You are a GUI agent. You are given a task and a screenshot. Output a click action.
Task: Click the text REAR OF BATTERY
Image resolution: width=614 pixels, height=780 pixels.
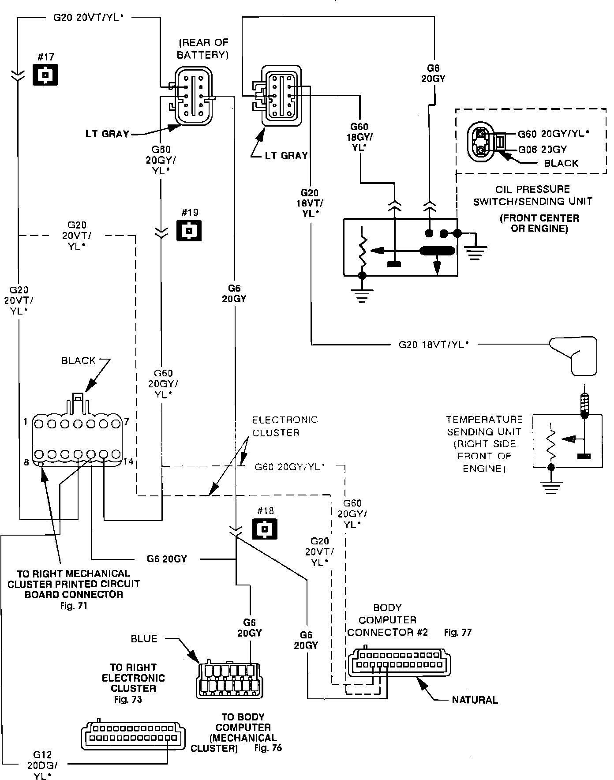pyautogui.click(x=202, y=49)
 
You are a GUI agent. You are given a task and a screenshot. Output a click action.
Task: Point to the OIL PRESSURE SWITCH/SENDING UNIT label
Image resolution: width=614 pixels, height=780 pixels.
pyautogui.click(x=532, y=195)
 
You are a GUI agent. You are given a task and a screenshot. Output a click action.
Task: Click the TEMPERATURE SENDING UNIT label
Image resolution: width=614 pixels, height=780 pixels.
pyautogui.click(x=484, y=444)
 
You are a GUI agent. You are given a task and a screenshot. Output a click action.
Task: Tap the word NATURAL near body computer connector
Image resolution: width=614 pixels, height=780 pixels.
pyautogui.click(x=475, y=700)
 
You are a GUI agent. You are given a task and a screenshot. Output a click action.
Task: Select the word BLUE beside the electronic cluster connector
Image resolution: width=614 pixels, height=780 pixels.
pyautogui.click(x=144, y=638)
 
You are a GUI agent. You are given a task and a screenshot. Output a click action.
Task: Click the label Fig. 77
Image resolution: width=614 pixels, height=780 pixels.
pyautogui.click(x=458, y=632)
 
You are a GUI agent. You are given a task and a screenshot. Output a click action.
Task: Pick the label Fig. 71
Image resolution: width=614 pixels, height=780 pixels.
pyautogui.click(x=74, y=606)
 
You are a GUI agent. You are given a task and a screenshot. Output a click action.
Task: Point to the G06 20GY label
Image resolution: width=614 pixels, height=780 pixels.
pyautogui.click(x=542, y=149)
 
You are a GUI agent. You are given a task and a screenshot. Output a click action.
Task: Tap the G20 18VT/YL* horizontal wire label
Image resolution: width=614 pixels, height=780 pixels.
pyautogui.click(x=433, y=345)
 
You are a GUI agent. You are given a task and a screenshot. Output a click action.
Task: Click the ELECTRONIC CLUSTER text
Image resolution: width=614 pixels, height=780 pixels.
pyautogui.click(x=285, y=426)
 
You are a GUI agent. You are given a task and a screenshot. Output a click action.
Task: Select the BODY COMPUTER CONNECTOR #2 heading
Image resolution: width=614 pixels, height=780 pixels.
pyautogui.click(x=388, y=620)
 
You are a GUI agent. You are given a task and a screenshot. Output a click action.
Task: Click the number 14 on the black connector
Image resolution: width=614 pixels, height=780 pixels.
pyautogui.click(x=128, y=461)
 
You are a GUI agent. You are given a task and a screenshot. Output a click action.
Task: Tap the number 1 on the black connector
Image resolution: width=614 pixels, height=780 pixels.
pyautogui.click(x=26, y=422)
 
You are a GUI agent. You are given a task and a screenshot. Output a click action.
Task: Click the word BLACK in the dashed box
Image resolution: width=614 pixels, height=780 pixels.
pyautogui.click(x=561, y=163)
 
